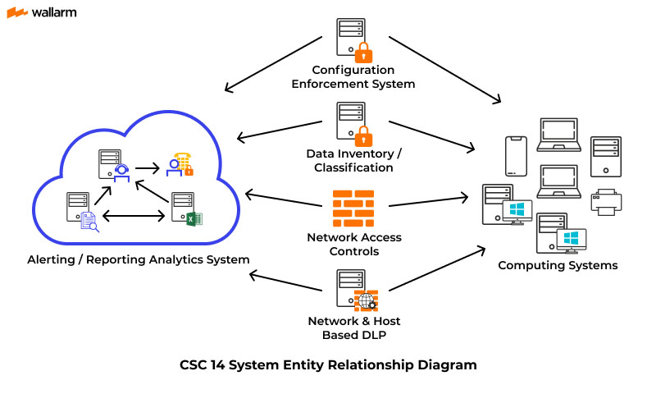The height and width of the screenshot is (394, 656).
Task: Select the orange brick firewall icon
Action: tap(353, 208)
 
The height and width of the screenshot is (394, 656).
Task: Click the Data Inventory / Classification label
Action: tap(353, 160)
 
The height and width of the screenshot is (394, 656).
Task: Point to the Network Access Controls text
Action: tap(354, 244)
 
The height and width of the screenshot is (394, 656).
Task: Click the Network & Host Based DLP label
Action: tap(353, 327)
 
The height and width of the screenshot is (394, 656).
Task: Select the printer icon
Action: tap(607, 202)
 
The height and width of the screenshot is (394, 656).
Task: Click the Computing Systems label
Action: tap(558, 265)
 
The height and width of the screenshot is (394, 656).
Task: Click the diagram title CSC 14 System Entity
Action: tap(328, 364)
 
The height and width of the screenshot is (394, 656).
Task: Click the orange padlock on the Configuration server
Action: tap(362, 52)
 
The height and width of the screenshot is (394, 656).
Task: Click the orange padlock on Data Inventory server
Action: tap(362, 134)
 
